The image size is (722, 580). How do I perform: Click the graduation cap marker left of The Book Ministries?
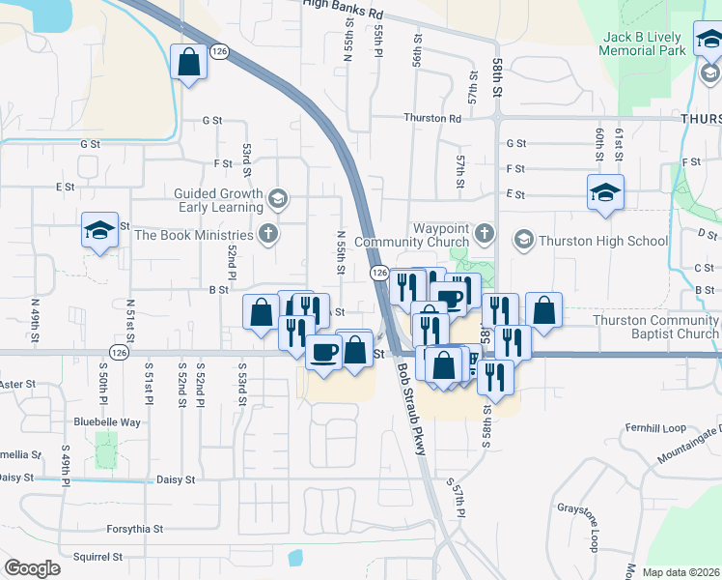pyautogui.click(x=99, y=230)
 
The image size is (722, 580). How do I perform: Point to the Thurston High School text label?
pyautogui.click(x=603, y=241)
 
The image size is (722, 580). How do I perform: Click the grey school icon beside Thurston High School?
pyautogui.click(x=523, y=238)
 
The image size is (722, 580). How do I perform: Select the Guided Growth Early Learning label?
pyautogui.click(x=218, y=200)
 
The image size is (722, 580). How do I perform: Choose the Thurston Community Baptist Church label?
pyautogui.click(x=655, y=327)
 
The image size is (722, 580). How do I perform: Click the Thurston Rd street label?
pyautogui.click(x=432, y=118)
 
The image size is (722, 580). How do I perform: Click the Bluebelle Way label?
pyautogui.click(x=108, y=422)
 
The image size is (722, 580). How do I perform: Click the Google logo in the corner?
pyautogui.click(x=33, y=567)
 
